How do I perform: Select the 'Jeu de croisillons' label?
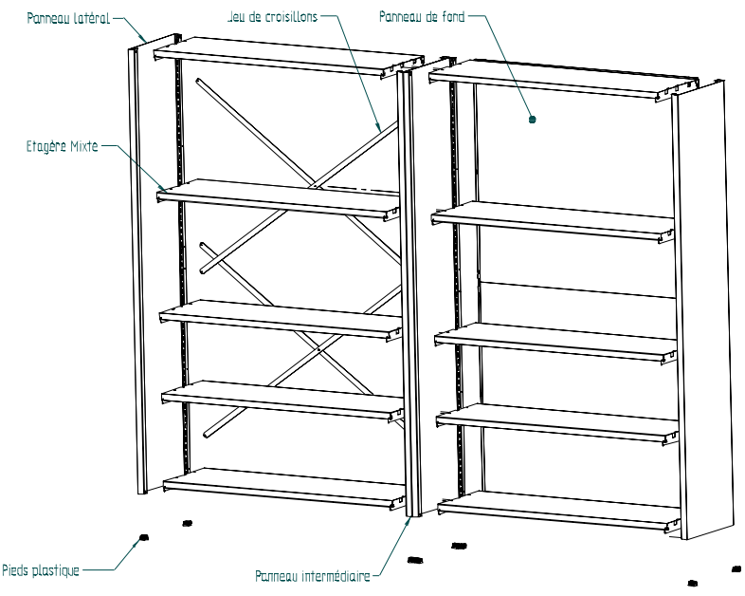(x=271, y=17)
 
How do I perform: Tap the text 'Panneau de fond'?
(x=420, y=17)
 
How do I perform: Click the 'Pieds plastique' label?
(x=39, y=570)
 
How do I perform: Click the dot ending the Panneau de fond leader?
(x=532, y=121)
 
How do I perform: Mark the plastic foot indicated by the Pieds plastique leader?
(x=143, y=537)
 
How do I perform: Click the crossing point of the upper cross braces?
(x=314, y=178)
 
